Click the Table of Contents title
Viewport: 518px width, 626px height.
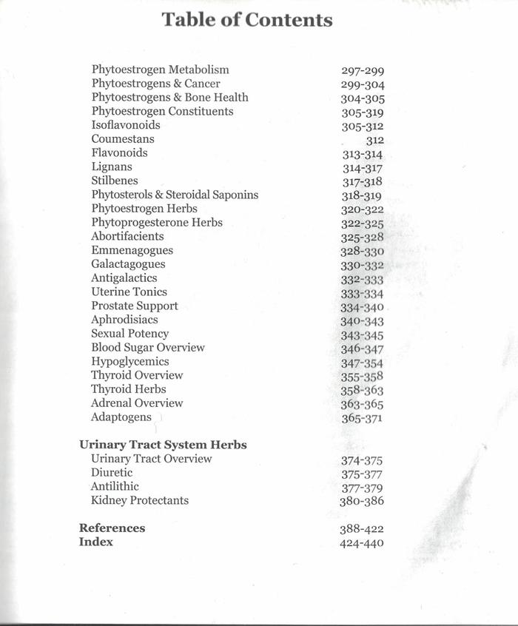click(x=247, y=20)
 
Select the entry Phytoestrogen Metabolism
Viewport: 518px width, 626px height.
click(x=160, y=70)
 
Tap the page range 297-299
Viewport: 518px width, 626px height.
click(x=363, y=71)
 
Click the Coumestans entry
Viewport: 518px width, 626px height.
click(x=123, y=139)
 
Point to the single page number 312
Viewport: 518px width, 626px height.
click(x=374, y=141)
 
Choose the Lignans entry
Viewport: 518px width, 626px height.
click(x=112, y=167)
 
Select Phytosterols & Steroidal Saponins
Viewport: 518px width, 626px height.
click(x=175, y=195)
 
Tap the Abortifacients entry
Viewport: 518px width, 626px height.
click(x=127, y=236)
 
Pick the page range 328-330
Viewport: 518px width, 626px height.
click(x=362, y=252)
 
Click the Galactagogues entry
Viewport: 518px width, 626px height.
click(x=128, y=264)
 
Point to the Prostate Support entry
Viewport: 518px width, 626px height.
click(x=135, y=306)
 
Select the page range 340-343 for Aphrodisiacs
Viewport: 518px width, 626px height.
click(x=362, y=322)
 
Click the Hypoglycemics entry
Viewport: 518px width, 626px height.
click(x=130, y=361)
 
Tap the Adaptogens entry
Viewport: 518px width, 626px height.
click(x=121, y=417)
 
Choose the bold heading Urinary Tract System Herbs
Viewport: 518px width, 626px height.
click(x=163, y=445)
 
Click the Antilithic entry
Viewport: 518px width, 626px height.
click(x=115, y=486)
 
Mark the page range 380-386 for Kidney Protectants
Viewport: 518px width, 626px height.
click(x=362, y=501)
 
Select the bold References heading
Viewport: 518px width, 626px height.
click(x=112, y=528)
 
